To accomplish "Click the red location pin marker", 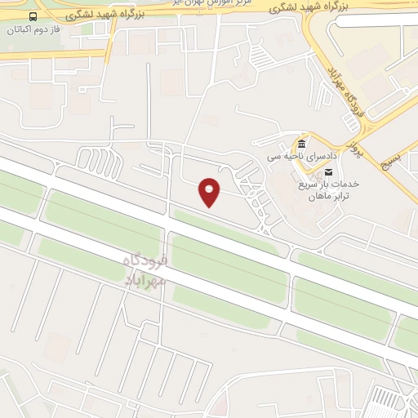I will [x=210, y=192].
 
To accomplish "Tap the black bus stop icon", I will [x=33, y=16].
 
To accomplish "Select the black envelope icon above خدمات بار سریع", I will [x=329, y=171].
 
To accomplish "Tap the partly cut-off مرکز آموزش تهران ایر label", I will [x=214, y=4].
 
